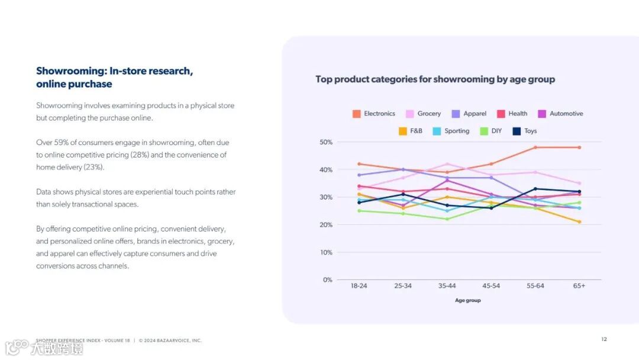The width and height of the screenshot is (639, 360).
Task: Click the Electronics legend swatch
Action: (357, 114)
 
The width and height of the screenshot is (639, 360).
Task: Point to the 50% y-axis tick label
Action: (326, 142)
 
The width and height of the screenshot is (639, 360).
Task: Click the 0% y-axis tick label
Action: (328, 280)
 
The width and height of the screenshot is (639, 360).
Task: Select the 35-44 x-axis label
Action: (447, 286)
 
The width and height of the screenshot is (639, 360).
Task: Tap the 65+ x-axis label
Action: (579, 286)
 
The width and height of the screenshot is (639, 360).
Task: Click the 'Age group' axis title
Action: (468, 300)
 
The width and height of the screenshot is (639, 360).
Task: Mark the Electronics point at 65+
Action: (579, 147)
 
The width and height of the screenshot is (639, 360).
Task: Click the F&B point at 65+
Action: (579, 222)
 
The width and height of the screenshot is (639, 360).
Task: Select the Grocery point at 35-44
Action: (447, 164)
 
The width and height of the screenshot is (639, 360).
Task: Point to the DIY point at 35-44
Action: (447, 219)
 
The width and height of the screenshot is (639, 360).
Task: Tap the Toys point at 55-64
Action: (535, 189)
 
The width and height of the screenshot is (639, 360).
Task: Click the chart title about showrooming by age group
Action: (435, 79)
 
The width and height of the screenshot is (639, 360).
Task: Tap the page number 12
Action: (604, 339)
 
